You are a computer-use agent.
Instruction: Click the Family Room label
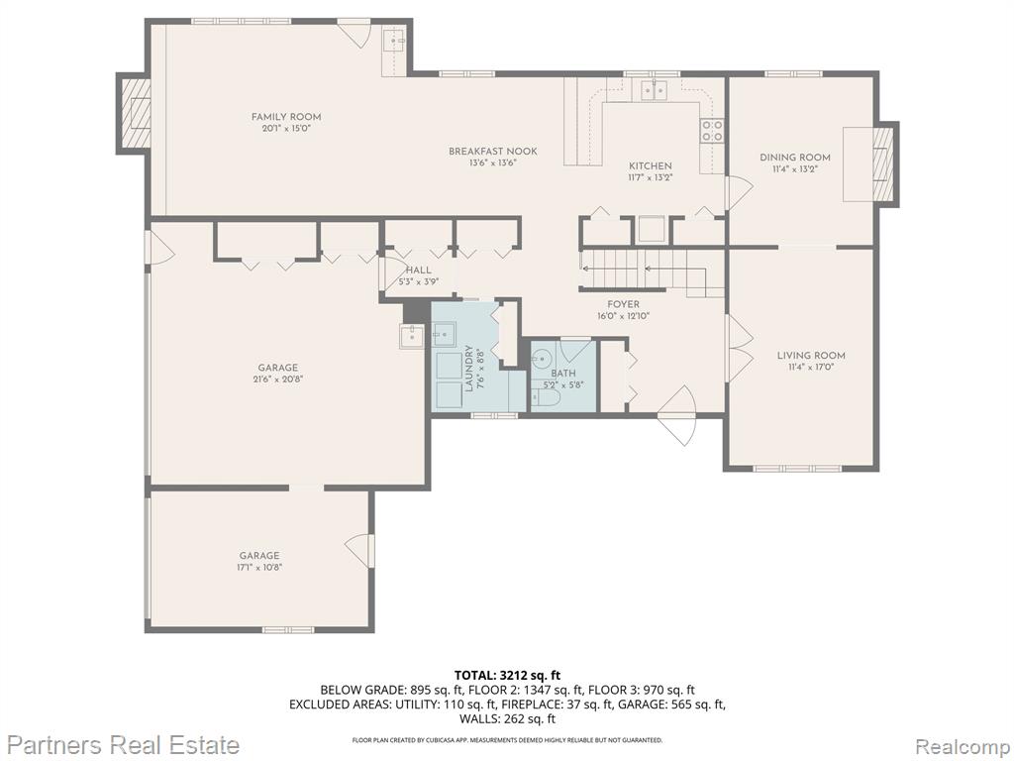[286, 117]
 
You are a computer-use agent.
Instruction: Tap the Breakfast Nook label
[493, 151]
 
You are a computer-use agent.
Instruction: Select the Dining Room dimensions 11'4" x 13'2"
[795, 168]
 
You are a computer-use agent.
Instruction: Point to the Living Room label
[811, 355]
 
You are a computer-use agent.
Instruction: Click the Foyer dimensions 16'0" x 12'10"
[623, 316]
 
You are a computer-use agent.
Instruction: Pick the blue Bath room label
[563, 373]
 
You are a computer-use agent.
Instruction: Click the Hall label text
[418, 270]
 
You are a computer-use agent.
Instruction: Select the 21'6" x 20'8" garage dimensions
[278, 380]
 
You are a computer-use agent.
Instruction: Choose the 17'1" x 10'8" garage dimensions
[259, 567]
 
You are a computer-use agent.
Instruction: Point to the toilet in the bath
[545, 396]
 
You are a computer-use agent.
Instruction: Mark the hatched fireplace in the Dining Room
[882, 163]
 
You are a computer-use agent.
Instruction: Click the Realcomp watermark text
[963, 745]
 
